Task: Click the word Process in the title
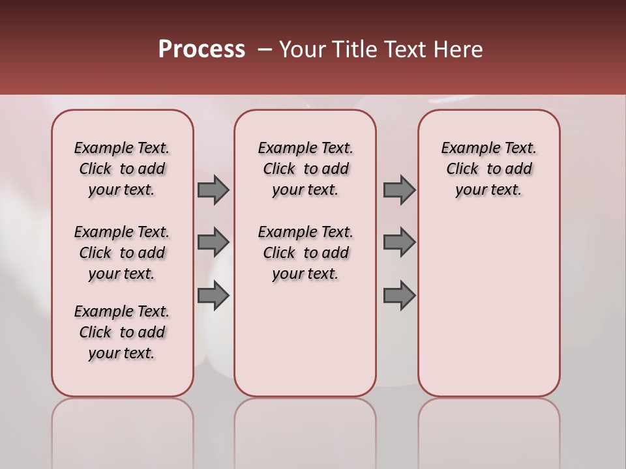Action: click(x=201, y=50)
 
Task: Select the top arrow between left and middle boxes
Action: click(x=213, y=190)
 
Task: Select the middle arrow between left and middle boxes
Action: click(x=213, y=242)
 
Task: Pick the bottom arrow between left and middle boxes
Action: click(x=213, y=295)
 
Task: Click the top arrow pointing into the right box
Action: click(x=399, y=190)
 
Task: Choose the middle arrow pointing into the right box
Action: click(x=399, y=242)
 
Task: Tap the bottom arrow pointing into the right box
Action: click(x=399, y=295)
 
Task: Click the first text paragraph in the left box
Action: click(x=122, y=169)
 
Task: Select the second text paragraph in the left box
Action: click(x=122, y=253)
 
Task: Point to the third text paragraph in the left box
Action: click(x=122, y=332)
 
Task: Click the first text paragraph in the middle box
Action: click(x=305, y=169)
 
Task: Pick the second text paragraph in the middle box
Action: click(x=305, y=253)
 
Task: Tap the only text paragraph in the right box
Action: click(x=488, y=169)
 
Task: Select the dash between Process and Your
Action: click(x=265, y=50)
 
